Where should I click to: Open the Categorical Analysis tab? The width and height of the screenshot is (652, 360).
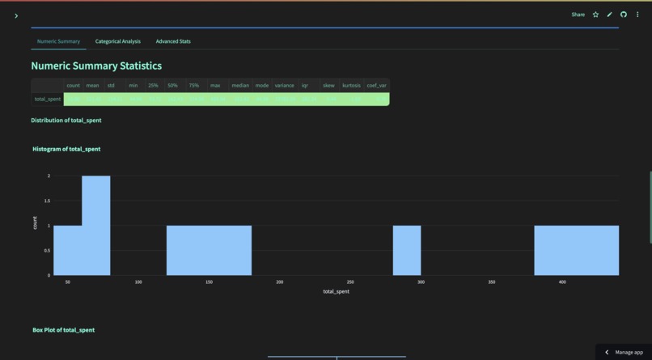[x=117, y=41]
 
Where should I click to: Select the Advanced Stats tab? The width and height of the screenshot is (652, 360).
[x=173, y=41]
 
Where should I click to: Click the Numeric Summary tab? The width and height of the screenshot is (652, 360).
[x=58, y=41]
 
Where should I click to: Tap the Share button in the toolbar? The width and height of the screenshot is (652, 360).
[x=578, y=15]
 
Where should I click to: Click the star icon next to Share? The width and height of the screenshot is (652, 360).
[x=595, y=15]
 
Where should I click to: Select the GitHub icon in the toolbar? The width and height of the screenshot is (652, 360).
[x=624, y=15]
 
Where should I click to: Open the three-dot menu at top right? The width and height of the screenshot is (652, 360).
[x=637, y=15]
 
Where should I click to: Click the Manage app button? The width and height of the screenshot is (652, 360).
[x=624, y=352]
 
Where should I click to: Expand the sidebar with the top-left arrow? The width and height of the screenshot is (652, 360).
[x=16, y=15]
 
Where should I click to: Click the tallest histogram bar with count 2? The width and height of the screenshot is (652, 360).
[x=95, y=226]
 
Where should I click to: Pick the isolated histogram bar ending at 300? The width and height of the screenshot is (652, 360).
[x=407, y=250]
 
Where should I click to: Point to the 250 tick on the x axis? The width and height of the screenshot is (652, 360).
[x=350, y=282]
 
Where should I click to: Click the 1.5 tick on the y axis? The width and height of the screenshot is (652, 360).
[x=48, y=201]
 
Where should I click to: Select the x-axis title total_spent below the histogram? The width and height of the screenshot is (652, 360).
[x=336, y=291]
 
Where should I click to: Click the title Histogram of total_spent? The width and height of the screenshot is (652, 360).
[x=66, y=149]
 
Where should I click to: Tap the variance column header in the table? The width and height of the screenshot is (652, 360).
[x=284, y=85]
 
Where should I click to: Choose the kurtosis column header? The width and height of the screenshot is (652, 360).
[x=351, y=85]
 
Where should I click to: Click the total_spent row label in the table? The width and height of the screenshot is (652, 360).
[x=48, y=100]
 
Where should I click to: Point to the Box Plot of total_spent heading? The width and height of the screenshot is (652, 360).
[x=63, y=330]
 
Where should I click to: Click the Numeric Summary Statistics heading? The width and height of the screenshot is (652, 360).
[x=96, y=66]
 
